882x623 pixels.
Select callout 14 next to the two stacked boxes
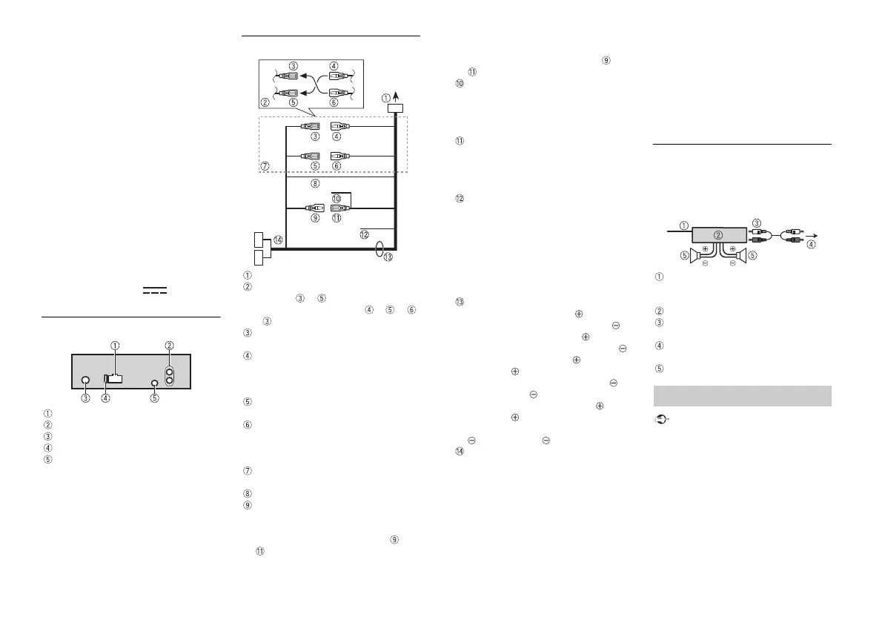click(x=277, y=240)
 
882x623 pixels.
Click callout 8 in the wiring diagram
click(x=314, y=183)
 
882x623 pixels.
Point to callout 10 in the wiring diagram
click(x=336, y=198)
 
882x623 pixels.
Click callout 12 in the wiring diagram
click(x=363, y=234)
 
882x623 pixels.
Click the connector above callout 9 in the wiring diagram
click(x=316, y=208)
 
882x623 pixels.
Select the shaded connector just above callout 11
click(x=337, y=208)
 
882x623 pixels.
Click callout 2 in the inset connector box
click(x=265, y=102)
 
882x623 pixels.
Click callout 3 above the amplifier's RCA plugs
click(x=756, y=222)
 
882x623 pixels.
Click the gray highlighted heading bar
click(x=742, y=396)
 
